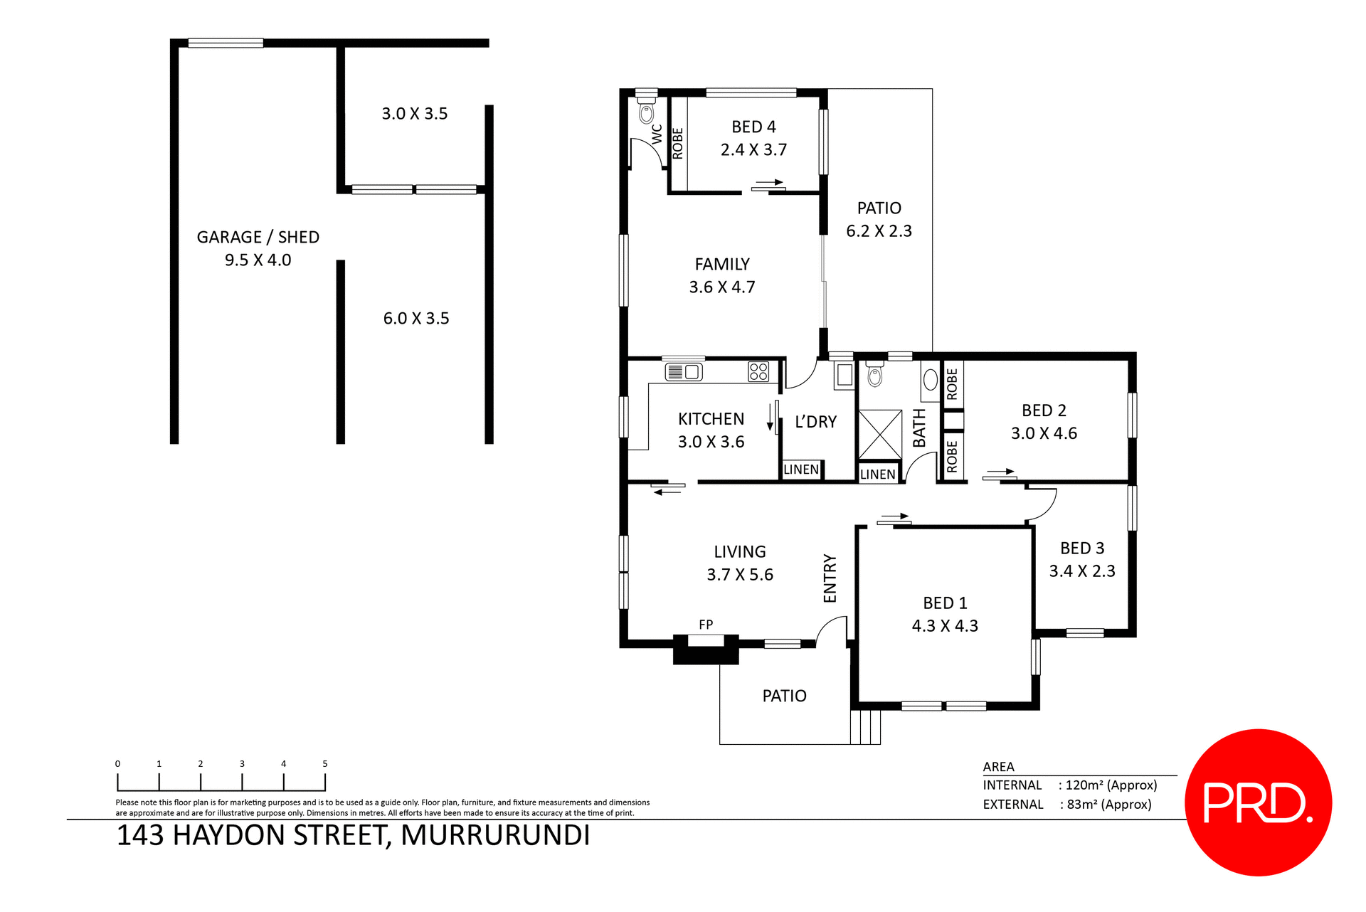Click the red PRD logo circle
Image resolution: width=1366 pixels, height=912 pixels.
coord(1257,802)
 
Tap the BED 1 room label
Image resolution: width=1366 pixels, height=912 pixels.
coord(945,603)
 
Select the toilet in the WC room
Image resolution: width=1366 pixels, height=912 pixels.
coord(646,112)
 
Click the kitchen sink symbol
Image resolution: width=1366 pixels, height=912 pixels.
coord(683,371)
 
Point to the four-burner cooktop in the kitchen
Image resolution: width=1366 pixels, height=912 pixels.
coord(758,371)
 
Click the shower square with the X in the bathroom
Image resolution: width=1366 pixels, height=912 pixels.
coord(880,435)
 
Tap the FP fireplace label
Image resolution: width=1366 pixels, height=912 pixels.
coord(705,625)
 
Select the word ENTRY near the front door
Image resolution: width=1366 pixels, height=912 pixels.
coord(830,578)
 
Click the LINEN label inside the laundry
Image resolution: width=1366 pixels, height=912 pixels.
coord(801,470)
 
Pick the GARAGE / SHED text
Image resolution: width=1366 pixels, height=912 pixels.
coord(258,237)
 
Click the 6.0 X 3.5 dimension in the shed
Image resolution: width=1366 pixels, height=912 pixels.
coord(416,318)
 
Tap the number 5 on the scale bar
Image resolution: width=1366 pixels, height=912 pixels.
coord(325,763)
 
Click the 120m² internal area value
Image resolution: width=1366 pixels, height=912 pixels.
coord(1110,785)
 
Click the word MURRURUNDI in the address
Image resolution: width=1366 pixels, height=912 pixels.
coord(495,835)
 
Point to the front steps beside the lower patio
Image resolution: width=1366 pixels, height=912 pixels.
coord(866,727)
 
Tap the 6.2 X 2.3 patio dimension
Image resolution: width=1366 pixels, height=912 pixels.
coord(879,231)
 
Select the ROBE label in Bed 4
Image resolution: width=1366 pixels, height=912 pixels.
coord(678,144)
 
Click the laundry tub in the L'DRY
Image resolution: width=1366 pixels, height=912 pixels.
coord(844,375)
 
